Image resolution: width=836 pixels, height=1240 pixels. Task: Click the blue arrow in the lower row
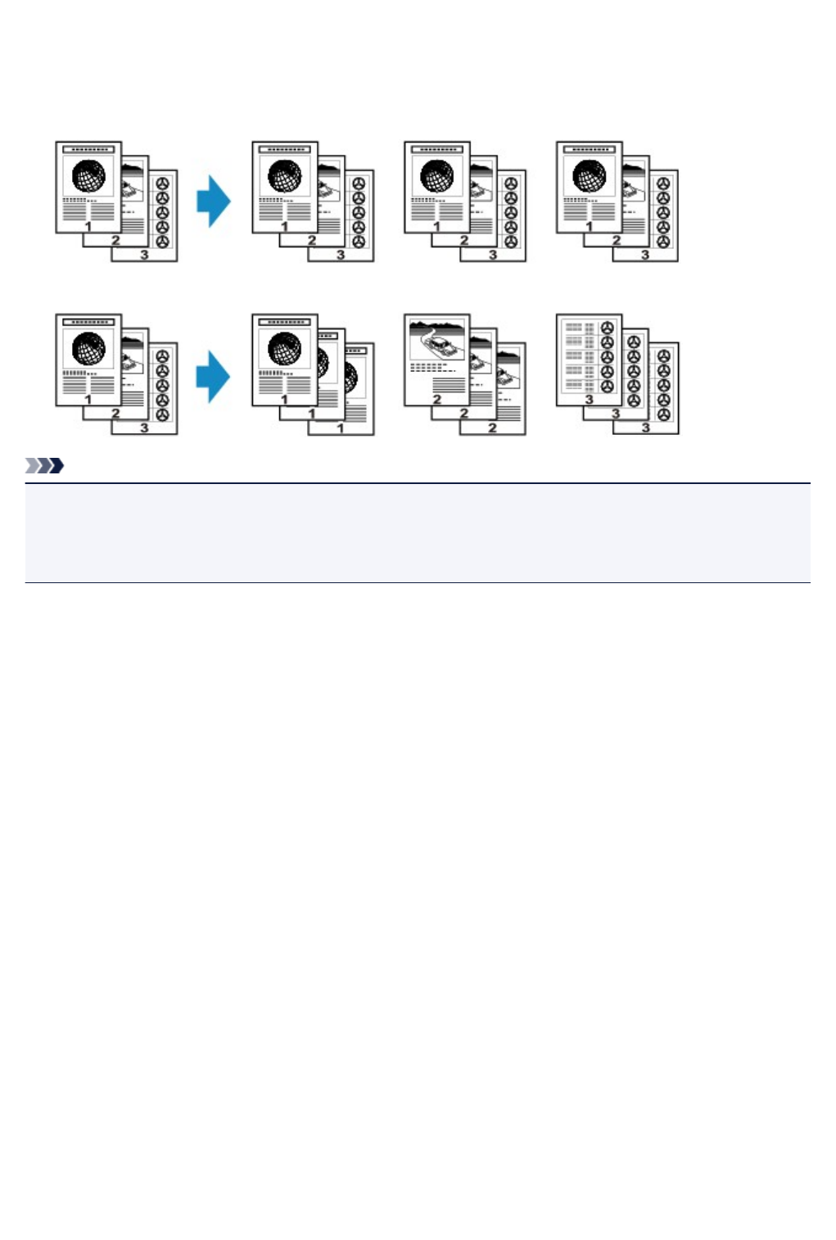click(x=214, y=376)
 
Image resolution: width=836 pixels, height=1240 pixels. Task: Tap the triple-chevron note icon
click(x=45, y=466)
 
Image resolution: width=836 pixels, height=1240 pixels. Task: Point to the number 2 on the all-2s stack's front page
click(x=437, y=400)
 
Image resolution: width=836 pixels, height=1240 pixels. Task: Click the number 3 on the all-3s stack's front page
click(x=589, y=400)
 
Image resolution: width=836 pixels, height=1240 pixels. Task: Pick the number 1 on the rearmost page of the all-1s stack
click(x=341, y=428)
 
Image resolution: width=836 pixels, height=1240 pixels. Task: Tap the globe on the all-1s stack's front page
click(x=284, y=350)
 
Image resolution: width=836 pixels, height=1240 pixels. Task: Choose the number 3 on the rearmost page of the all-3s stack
click(x=645, y=428)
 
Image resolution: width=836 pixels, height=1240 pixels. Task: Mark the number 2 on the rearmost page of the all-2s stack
click(x=492, y=428)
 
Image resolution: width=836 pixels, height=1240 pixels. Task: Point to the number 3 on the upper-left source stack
click(x=144, y=256)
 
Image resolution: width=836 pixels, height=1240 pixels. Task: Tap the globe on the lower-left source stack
click(x=88, y=350)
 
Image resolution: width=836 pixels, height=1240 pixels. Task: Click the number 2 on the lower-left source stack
click(x=115, y=414)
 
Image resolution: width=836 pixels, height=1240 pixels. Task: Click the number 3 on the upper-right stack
click(x=645, y=256)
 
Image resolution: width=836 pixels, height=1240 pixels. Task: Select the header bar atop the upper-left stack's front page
click(x=88, y=150)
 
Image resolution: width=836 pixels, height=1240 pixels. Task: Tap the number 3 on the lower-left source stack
click(x=144, y=428)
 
